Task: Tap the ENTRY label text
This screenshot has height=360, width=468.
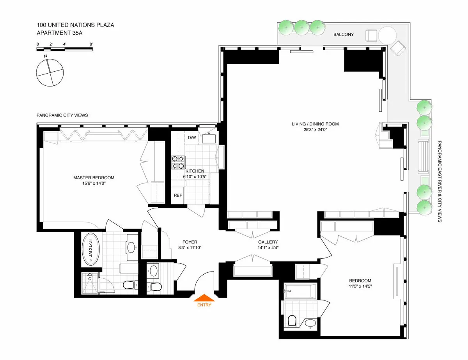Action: (204, 305)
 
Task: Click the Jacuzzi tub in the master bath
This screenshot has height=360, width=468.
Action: (90, 249)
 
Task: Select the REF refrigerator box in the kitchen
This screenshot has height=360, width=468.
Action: (178, 195)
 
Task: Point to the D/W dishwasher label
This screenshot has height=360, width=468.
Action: (192, 138)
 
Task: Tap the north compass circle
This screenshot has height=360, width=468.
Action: (49, 73)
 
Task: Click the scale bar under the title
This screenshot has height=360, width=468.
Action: (65, 49)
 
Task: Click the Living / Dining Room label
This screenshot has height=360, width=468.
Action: (315, 124)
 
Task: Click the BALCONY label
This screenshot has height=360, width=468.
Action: (344, 35)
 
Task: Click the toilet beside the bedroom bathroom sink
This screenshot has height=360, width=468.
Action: (292, 321)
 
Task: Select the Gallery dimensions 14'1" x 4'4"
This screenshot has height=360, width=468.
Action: (268, 247)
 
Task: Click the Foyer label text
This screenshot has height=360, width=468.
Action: (190, 242)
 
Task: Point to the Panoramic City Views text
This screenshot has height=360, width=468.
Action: (62, 115)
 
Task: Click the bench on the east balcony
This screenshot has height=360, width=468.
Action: (424, 156)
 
